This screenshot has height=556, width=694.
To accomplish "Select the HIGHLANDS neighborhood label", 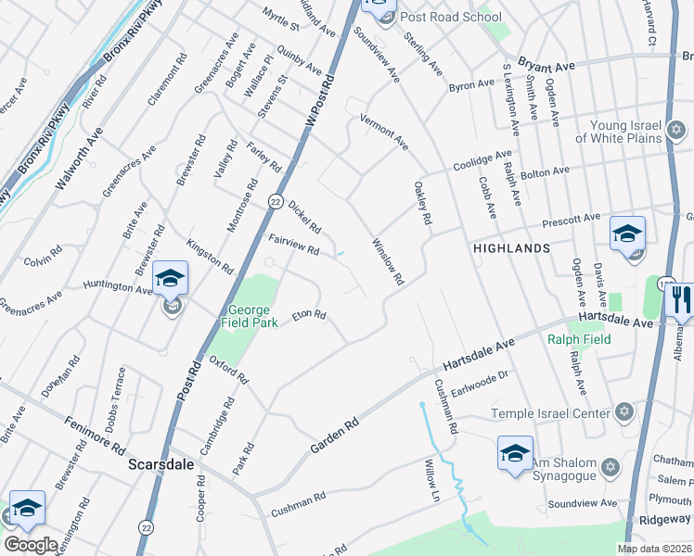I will [511, 248].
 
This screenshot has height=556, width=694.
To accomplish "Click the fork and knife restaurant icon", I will [679, 301].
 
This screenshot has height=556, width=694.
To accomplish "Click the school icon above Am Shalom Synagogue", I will [515, 452].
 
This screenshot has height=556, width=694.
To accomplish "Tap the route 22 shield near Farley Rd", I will [276, 201].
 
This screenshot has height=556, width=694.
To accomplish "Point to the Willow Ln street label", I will [431, 481].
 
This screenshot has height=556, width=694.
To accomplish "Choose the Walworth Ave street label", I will [78, 160].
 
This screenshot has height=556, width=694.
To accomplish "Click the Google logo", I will [31, 545].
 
